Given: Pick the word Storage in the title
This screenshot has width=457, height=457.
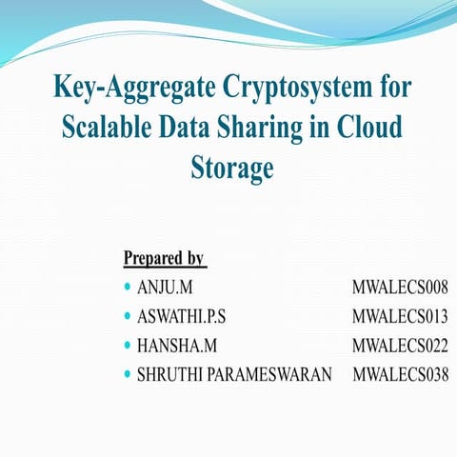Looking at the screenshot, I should [232, 169].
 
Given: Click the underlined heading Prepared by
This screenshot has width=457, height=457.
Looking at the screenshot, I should [164, 258].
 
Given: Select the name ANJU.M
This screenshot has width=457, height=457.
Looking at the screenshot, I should [164, 287].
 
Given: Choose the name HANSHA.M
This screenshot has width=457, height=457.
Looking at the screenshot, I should [171, 345].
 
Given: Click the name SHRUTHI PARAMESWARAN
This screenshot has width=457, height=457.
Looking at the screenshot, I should [234, 374].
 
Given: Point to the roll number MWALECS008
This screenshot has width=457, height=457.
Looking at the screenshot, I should [399, 287].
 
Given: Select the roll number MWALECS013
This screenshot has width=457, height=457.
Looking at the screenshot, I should [399, 315].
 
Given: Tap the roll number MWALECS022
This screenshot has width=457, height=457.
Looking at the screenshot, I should [399, 345].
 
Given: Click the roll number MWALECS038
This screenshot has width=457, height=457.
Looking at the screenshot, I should [400, 374].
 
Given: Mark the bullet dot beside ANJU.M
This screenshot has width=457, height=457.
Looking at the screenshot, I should [128, 287].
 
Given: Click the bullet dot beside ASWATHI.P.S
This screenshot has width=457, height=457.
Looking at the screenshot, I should [128, 315].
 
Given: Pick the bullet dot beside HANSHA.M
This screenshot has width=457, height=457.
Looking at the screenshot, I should [128, 345].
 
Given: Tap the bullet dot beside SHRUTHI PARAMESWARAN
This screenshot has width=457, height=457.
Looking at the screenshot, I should [128, 374].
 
